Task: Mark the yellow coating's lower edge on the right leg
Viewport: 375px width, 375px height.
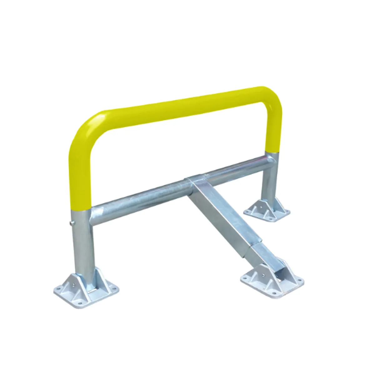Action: pos(271,152)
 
